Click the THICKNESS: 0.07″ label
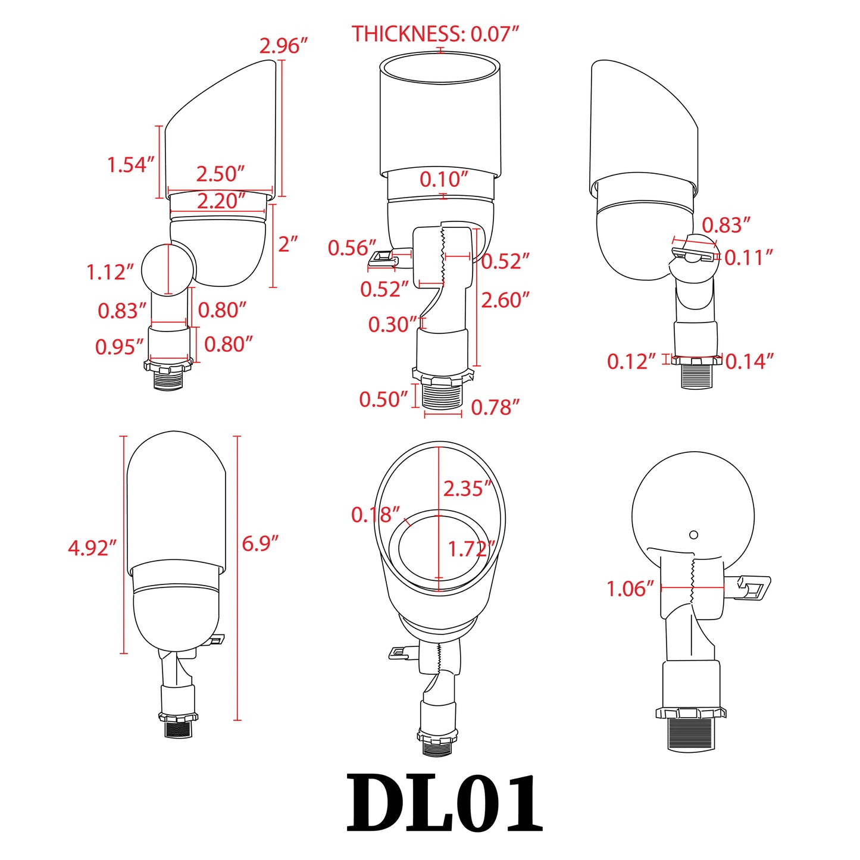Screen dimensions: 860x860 435,34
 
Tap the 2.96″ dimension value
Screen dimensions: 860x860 283,46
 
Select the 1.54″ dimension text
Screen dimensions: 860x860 131,165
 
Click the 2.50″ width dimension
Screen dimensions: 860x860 220,174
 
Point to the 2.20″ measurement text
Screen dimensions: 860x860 221,201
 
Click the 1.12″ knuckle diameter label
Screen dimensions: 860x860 110,272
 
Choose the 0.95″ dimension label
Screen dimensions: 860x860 119,346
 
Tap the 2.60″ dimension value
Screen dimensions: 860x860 505,300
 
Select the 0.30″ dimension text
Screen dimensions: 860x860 392,324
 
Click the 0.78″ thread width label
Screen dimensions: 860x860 495,407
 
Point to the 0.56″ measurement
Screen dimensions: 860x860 352,248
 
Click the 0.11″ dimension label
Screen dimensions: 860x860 749,257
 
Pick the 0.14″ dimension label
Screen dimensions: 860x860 749,361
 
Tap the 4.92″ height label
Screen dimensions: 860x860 92,548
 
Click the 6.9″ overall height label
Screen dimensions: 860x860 260,543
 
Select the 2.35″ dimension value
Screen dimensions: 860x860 467,488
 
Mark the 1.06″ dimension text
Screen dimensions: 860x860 630,589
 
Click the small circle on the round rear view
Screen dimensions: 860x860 693,534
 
